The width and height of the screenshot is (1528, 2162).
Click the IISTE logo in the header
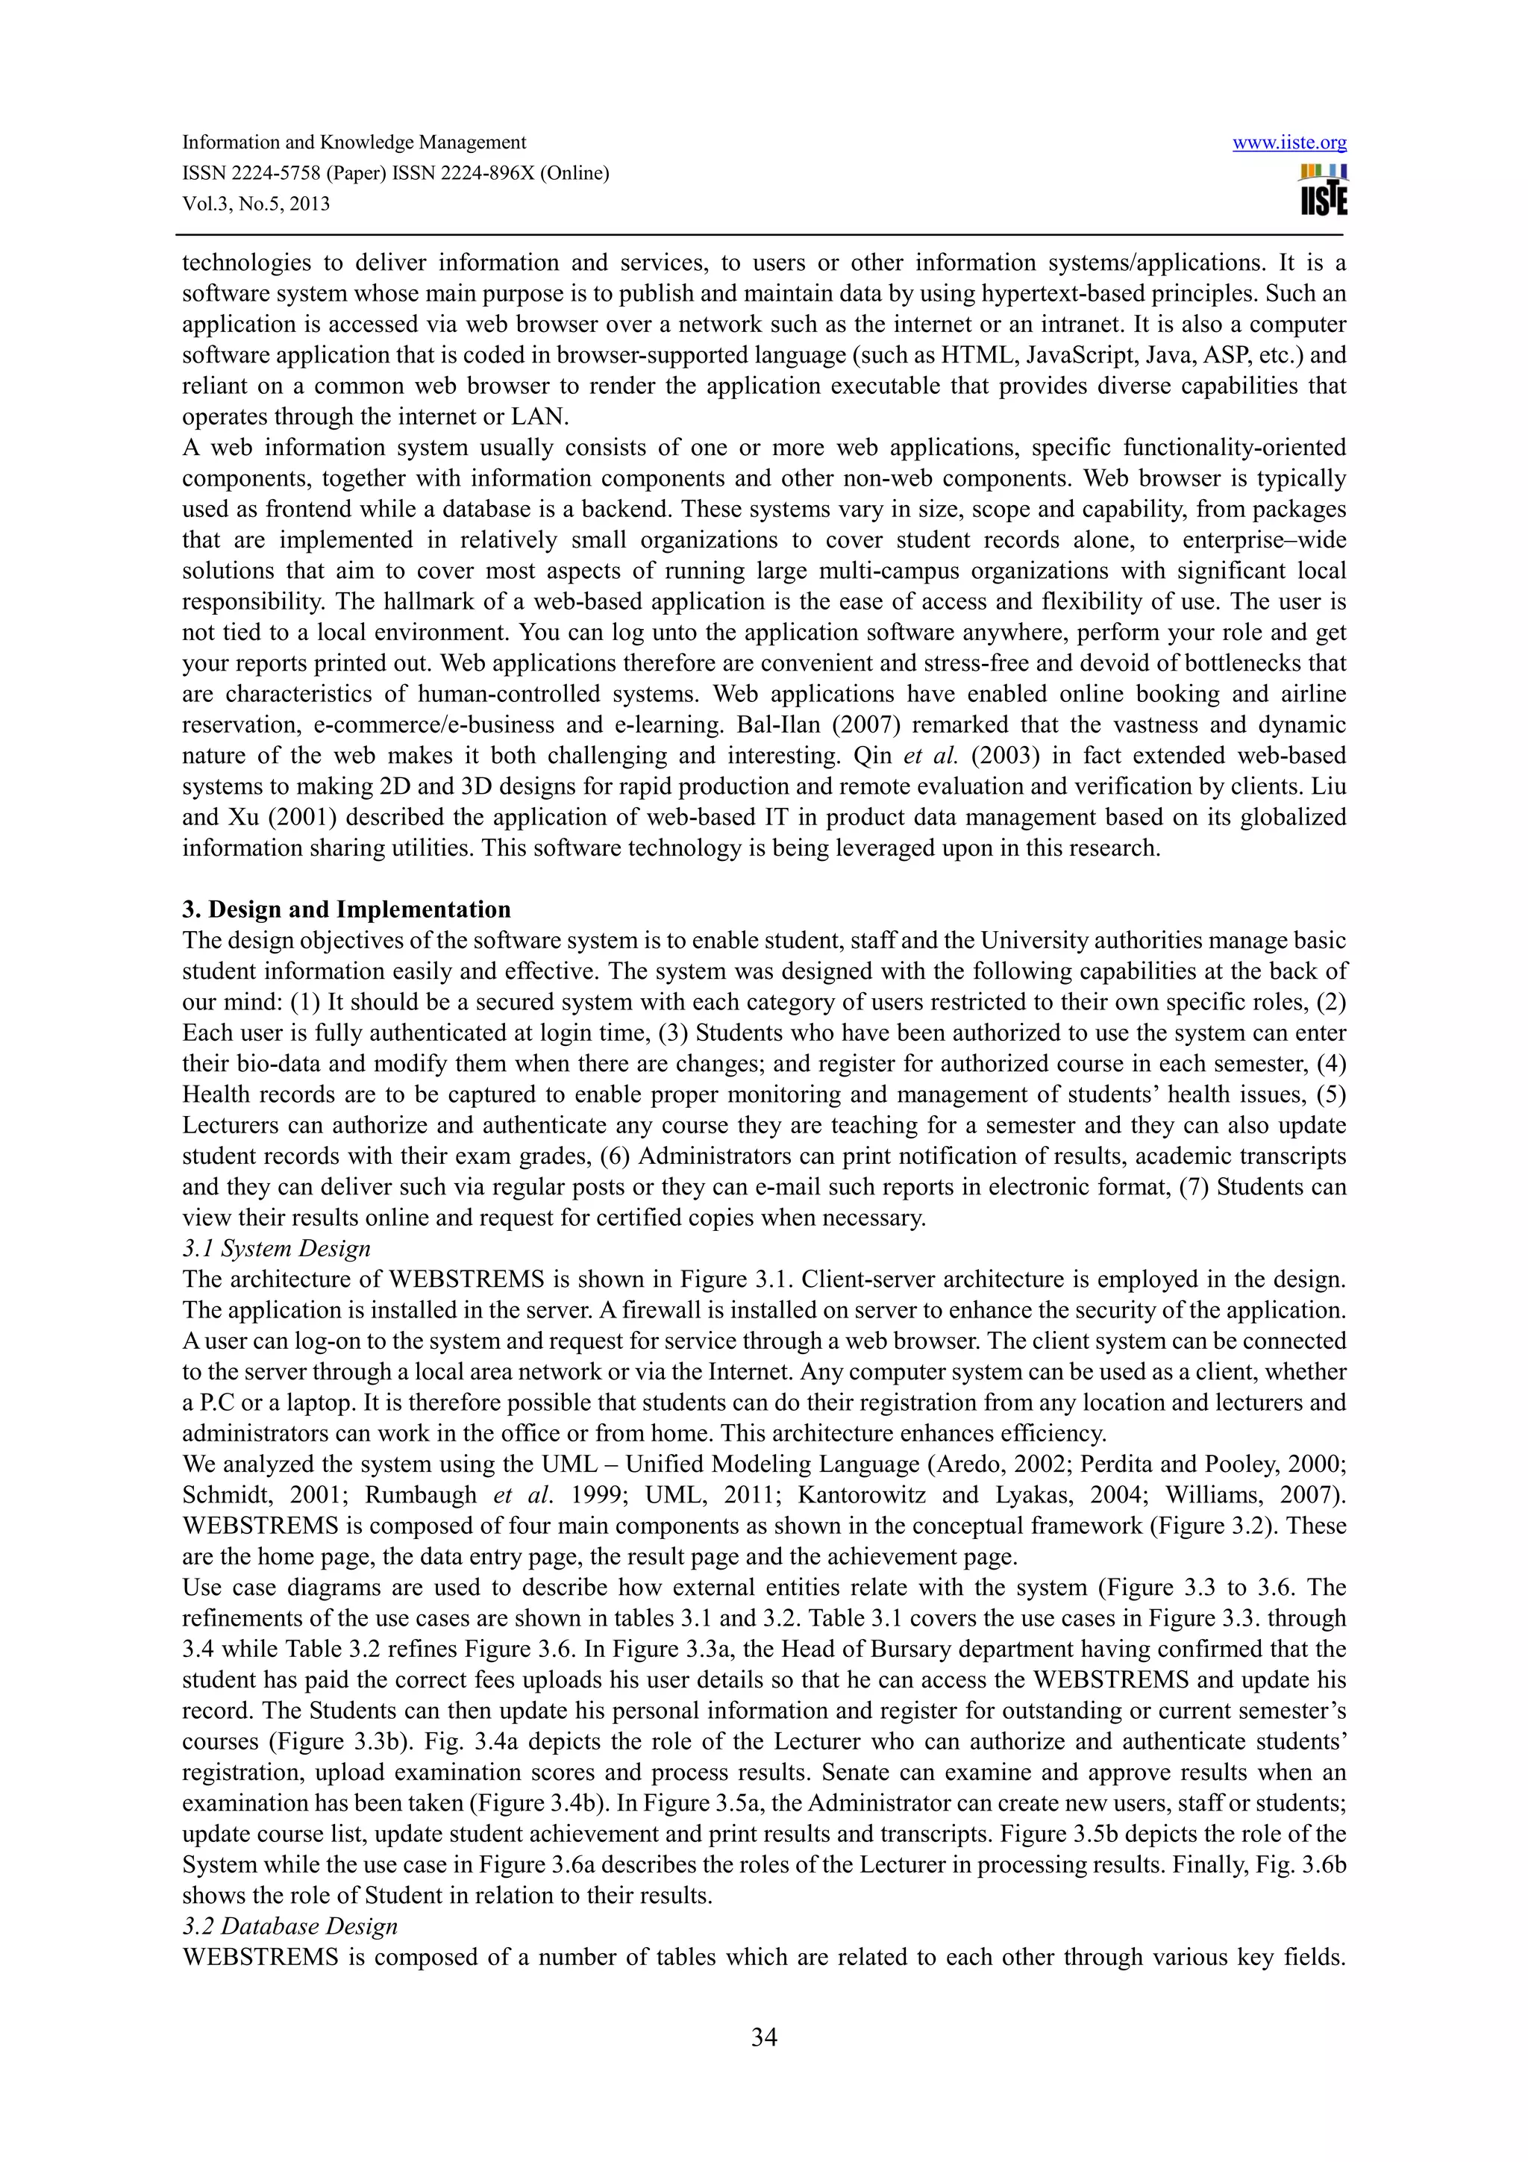[x=1323, y=191]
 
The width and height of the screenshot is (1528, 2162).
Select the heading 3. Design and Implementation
[x=346, y=909]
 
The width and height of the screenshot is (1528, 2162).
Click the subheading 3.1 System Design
[x=276, y=1249]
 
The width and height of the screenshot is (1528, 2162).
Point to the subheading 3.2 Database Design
[x=290, y=1926]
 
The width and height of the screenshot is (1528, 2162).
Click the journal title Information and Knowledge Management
[x=354, y=143]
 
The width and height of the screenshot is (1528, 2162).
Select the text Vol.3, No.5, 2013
[x=256, y=204]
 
